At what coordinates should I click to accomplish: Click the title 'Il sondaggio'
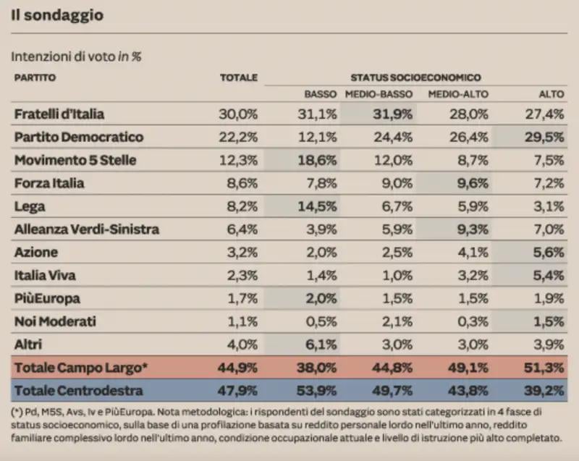[x=56, y=14]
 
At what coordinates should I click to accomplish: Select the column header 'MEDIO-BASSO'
[x=379, y=94]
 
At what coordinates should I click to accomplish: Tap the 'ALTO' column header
[x=551, y=94]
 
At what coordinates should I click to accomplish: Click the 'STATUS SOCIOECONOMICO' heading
[x=415, y=77]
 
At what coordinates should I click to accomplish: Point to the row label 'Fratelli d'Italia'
[x=59, y=114]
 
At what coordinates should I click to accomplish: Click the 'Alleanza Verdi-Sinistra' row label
[x=86, y=229]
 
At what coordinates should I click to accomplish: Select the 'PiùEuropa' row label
[x=47, y=298]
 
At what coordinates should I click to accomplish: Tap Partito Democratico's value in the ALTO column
[x=548, y=137]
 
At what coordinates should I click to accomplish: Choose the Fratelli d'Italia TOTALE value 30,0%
[x=238, y=114]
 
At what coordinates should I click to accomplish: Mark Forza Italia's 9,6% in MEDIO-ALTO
[x=471, y=183]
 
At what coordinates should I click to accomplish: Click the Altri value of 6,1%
[x=320, y=344]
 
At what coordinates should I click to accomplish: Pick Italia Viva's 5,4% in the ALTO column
[x=548, y=276]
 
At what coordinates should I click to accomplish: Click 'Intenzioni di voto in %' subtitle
[x=76, y=55]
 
